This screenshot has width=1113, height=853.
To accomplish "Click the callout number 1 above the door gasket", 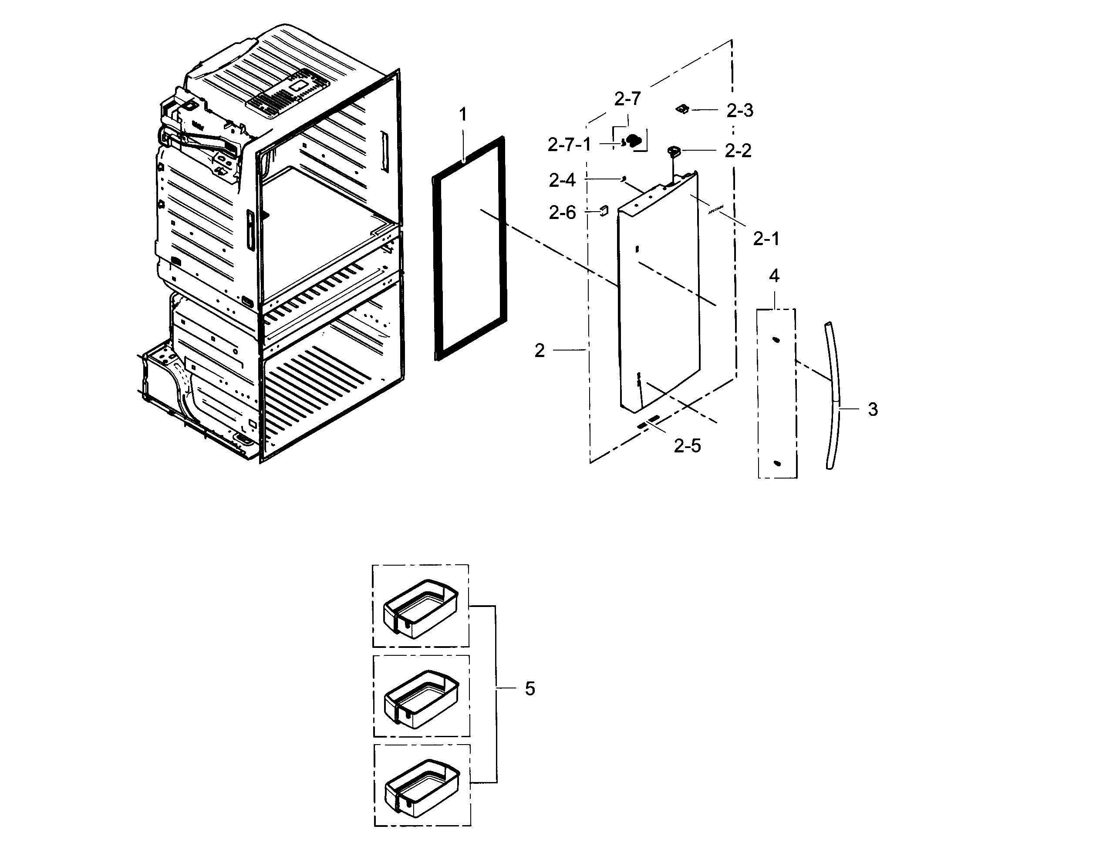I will point(462,115).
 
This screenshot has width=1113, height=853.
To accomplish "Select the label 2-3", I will point(740,111).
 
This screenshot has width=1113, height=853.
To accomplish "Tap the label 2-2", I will point(738,151).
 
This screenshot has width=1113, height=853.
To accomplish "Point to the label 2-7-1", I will point(569,145).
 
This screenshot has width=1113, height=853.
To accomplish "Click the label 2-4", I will point(562,180).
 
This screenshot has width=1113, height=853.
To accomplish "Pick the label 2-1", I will point(766,239).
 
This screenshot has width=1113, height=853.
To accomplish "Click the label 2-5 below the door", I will point(687,446).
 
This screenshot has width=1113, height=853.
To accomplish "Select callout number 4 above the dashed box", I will point(774,276).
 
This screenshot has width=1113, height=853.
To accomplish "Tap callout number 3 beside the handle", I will point(873,409).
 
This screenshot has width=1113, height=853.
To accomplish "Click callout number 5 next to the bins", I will point(530,689).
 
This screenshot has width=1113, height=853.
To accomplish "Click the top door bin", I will point(420,608).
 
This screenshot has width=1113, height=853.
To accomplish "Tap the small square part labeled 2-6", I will point(604,211).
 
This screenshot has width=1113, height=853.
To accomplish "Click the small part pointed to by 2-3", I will point(682,109).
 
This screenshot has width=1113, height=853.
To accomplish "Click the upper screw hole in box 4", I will point(776,340).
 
